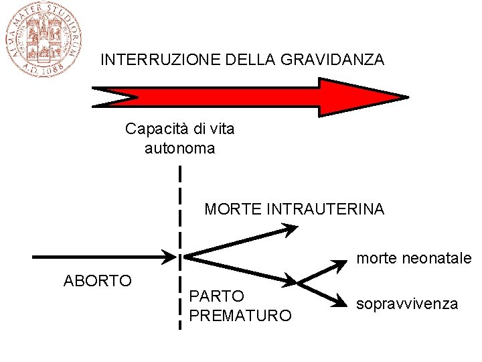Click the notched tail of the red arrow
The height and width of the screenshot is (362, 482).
click(107, 97)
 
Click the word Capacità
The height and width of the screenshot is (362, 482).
click(153, 128)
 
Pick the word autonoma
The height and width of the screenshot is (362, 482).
click(179, 148)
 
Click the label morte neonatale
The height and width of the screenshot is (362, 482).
click(414, 258)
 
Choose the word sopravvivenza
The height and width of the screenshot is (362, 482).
click(407, 304)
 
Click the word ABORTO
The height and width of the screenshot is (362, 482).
click(97, 280)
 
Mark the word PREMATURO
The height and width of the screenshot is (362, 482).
click(241, 315)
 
